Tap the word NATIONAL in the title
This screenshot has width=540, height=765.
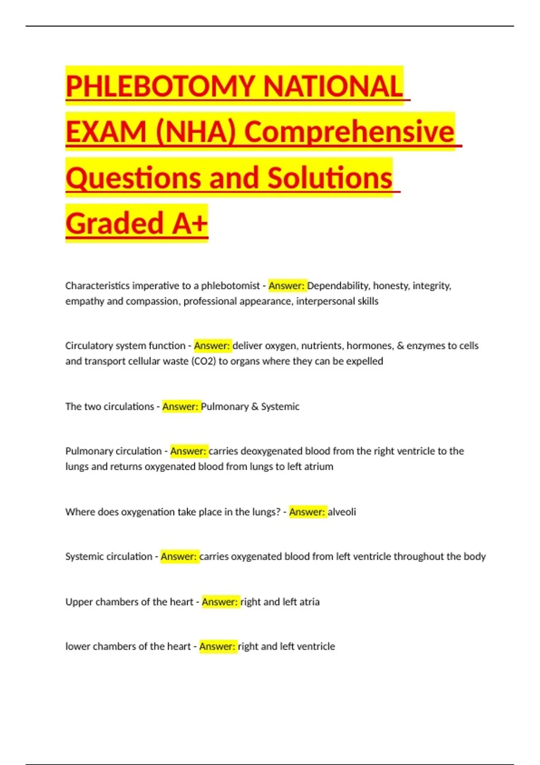coord(333,86)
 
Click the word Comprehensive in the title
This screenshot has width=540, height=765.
coord(349,132)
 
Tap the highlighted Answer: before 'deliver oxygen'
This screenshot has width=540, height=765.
coord(212,346)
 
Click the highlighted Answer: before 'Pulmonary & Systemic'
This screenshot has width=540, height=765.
coord(180,406)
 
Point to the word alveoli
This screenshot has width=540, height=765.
coord(342,512)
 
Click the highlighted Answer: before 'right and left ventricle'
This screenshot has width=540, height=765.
coord(217,646)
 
